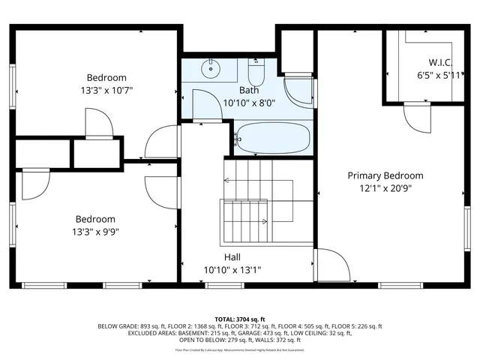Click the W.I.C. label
pos(439,62)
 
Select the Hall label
pos(232,256)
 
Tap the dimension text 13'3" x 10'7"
pos(106,91)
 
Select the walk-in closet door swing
pos(415,115)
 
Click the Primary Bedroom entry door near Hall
pos(330,264)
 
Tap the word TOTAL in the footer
pos(227,319)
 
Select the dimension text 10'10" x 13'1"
pos(232,270)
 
